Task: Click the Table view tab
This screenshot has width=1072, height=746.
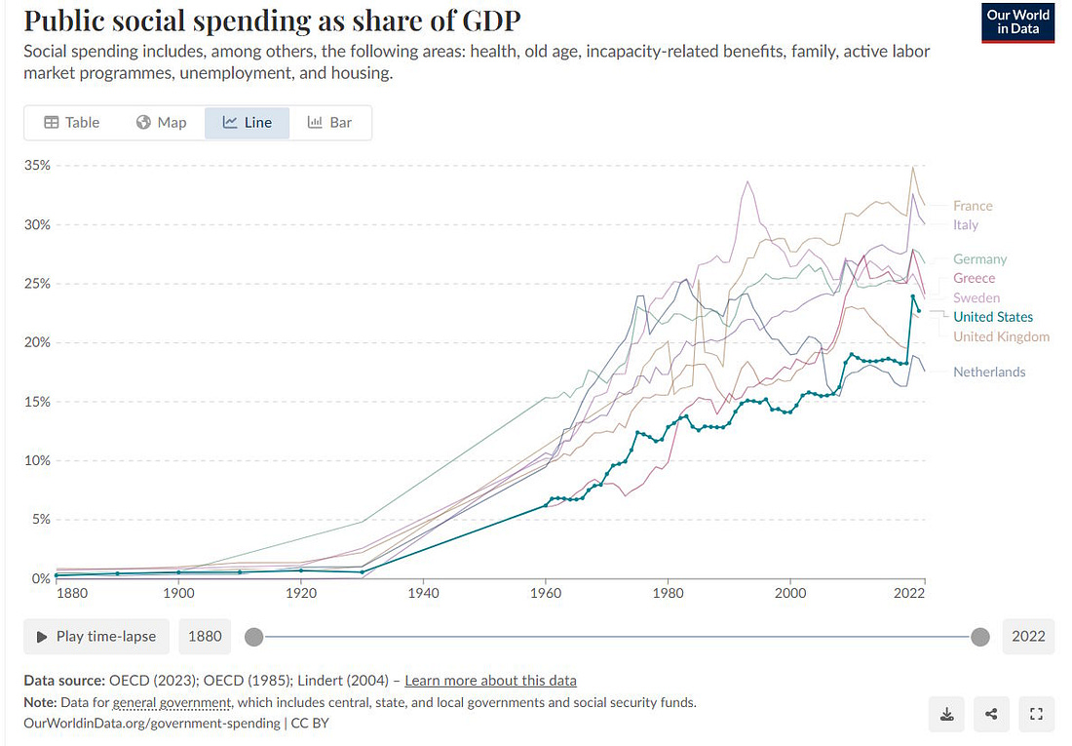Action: click(72, 122)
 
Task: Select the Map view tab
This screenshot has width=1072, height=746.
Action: click(161, 122)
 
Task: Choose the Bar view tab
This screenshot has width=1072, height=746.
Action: click(329, 122)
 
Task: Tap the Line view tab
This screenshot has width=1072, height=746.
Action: click(247, 122)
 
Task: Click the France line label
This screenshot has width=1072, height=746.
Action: click(973, 206)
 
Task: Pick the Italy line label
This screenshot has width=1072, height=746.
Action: click(966, 225)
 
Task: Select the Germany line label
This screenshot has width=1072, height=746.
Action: click(980, 259)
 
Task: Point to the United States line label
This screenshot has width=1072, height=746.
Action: click(993, 317)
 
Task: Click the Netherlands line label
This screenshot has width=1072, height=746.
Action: click(989, 373)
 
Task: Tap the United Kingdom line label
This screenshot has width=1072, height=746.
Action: click(1001, 336)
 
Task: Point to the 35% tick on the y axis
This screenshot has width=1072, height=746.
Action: click(37, 166)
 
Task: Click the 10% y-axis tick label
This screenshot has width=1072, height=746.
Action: click(37, 460)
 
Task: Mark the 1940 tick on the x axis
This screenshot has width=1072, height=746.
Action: click(423, 592)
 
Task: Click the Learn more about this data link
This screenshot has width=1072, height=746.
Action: click(490, 681)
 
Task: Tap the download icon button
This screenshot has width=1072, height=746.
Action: click(946, 714)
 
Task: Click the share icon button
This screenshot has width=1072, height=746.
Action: click(991, 714)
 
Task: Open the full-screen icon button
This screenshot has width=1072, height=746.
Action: click(1036, 714)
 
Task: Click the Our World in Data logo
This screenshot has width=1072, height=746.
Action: click(1018, 22)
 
